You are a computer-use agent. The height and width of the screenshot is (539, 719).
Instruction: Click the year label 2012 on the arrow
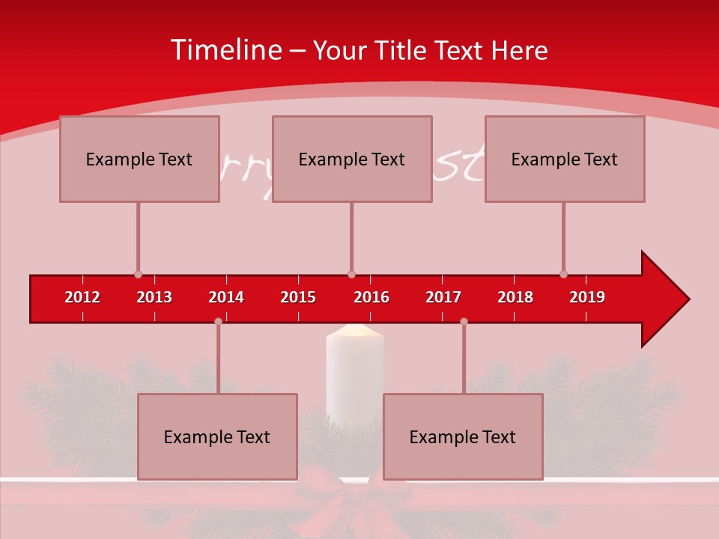82,297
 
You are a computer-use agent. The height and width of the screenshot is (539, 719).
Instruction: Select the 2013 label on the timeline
154,297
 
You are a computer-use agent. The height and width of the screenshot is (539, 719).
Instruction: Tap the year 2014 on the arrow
226,297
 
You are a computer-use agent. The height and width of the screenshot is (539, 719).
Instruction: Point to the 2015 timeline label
298,297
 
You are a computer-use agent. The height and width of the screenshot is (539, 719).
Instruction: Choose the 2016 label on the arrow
371,297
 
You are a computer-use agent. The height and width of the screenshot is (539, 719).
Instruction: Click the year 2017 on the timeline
443,297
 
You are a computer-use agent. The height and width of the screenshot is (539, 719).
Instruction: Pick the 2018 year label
515,297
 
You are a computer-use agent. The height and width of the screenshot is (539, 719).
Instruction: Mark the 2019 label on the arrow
587,297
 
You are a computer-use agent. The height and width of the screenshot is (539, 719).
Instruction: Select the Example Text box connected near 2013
139,159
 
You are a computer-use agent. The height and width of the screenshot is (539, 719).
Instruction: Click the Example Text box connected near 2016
352,159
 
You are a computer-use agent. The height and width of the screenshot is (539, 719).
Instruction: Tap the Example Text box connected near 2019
565,159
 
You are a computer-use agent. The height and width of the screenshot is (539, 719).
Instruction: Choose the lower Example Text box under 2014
217,436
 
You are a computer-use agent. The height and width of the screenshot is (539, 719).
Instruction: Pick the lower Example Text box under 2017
463,436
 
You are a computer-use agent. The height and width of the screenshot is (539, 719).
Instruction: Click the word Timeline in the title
225,50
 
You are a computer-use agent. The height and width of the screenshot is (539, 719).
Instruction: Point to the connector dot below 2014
218,321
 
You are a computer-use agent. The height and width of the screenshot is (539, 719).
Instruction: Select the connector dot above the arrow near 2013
138,275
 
